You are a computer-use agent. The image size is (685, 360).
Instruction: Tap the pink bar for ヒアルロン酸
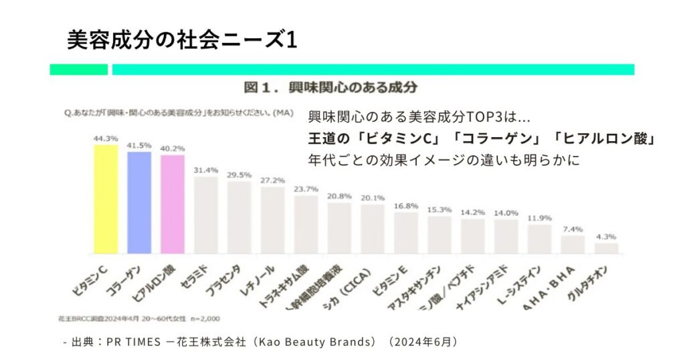tap(173, 205)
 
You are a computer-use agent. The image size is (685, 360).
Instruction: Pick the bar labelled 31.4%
tap(206, 215)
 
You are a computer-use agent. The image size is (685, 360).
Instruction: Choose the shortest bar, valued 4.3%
tap(606, 248)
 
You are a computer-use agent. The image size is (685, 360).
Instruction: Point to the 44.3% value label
tap(106, 139)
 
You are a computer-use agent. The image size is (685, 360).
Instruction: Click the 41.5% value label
tap(139, 145)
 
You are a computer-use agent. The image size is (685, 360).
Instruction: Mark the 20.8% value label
tap(339, 196)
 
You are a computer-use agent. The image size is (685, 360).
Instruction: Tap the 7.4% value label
tap(573, 229)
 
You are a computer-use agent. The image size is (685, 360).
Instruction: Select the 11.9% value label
tap(539, 218)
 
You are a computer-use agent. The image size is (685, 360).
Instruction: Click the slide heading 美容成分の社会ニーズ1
tap(181, 39)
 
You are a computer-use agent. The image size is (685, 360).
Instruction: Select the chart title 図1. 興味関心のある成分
tap(330, 88)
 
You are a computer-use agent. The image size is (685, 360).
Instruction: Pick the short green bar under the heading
tap(78, 70)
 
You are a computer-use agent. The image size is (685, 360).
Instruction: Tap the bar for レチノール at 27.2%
tap(272, 220)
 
